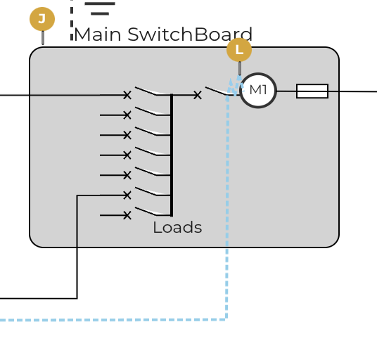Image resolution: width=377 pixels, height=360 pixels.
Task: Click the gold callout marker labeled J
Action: (42, 19)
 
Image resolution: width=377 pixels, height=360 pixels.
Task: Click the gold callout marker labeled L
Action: (239, 50)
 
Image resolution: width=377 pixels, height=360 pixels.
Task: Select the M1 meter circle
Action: (258, 90)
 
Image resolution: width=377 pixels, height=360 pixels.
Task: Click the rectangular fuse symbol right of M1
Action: (312, 91)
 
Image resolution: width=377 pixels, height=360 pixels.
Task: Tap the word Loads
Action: (177, 227)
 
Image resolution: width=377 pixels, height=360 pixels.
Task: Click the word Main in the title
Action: (98, 34)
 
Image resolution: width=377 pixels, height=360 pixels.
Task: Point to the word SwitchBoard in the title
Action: (190, 34)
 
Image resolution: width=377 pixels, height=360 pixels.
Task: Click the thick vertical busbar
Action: (172, 155)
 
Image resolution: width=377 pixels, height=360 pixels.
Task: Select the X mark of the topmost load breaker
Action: (127, 95)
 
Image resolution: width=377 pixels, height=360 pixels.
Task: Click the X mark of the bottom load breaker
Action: (127, 215)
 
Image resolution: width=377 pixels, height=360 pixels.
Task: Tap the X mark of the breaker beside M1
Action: (198, 95)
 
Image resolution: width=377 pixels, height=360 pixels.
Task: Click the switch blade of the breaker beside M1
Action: (217, 91)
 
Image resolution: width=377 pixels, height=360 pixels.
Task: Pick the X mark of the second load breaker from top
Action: (127, 115)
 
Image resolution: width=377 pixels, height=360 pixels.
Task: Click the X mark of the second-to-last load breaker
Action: (127, 195)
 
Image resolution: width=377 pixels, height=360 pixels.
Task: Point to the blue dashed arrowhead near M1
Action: (239, 79)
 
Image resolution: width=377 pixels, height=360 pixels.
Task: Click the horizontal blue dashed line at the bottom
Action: (113, 320)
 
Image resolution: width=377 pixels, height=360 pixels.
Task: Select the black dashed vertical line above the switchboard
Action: (72, 20)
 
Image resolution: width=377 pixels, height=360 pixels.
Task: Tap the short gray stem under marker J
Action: (43, 38)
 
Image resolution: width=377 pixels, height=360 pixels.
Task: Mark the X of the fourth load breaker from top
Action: (127, 155)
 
